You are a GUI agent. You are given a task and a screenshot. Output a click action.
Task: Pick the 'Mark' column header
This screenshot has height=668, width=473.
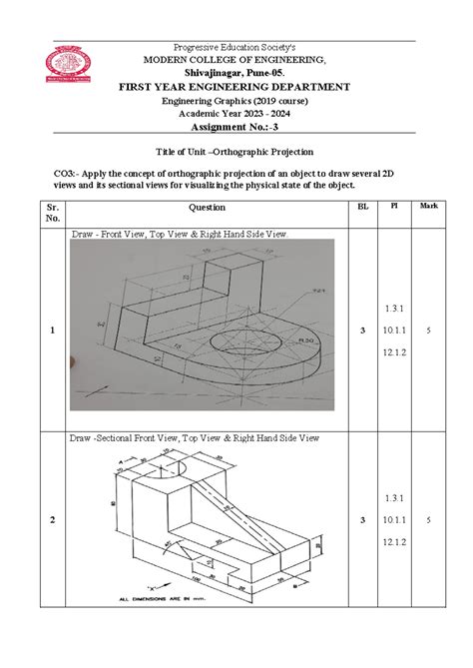(428, 206)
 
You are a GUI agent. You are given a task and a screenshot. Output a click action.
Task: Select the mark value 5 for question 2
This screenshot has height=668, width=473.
(428, 520)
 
